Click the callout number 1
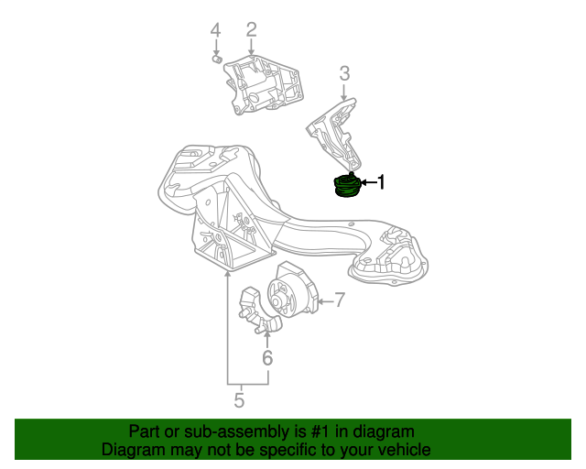coord(382,183)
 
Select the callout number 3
coord(344,73)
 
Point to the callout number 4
coord(216,32)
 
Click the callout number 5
coord(239,400)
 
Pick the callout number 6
coord(267,358)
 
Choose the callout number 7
coord(338,299)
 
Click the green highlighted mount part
coord(347,186)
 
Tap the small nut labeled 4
coord(217,60)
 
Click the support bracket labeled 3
coord(334,133)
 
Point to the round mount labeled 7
coord(291,294)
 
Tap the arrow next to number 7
coord(321,300)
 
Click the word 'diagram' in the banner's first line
coord(384,431)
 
